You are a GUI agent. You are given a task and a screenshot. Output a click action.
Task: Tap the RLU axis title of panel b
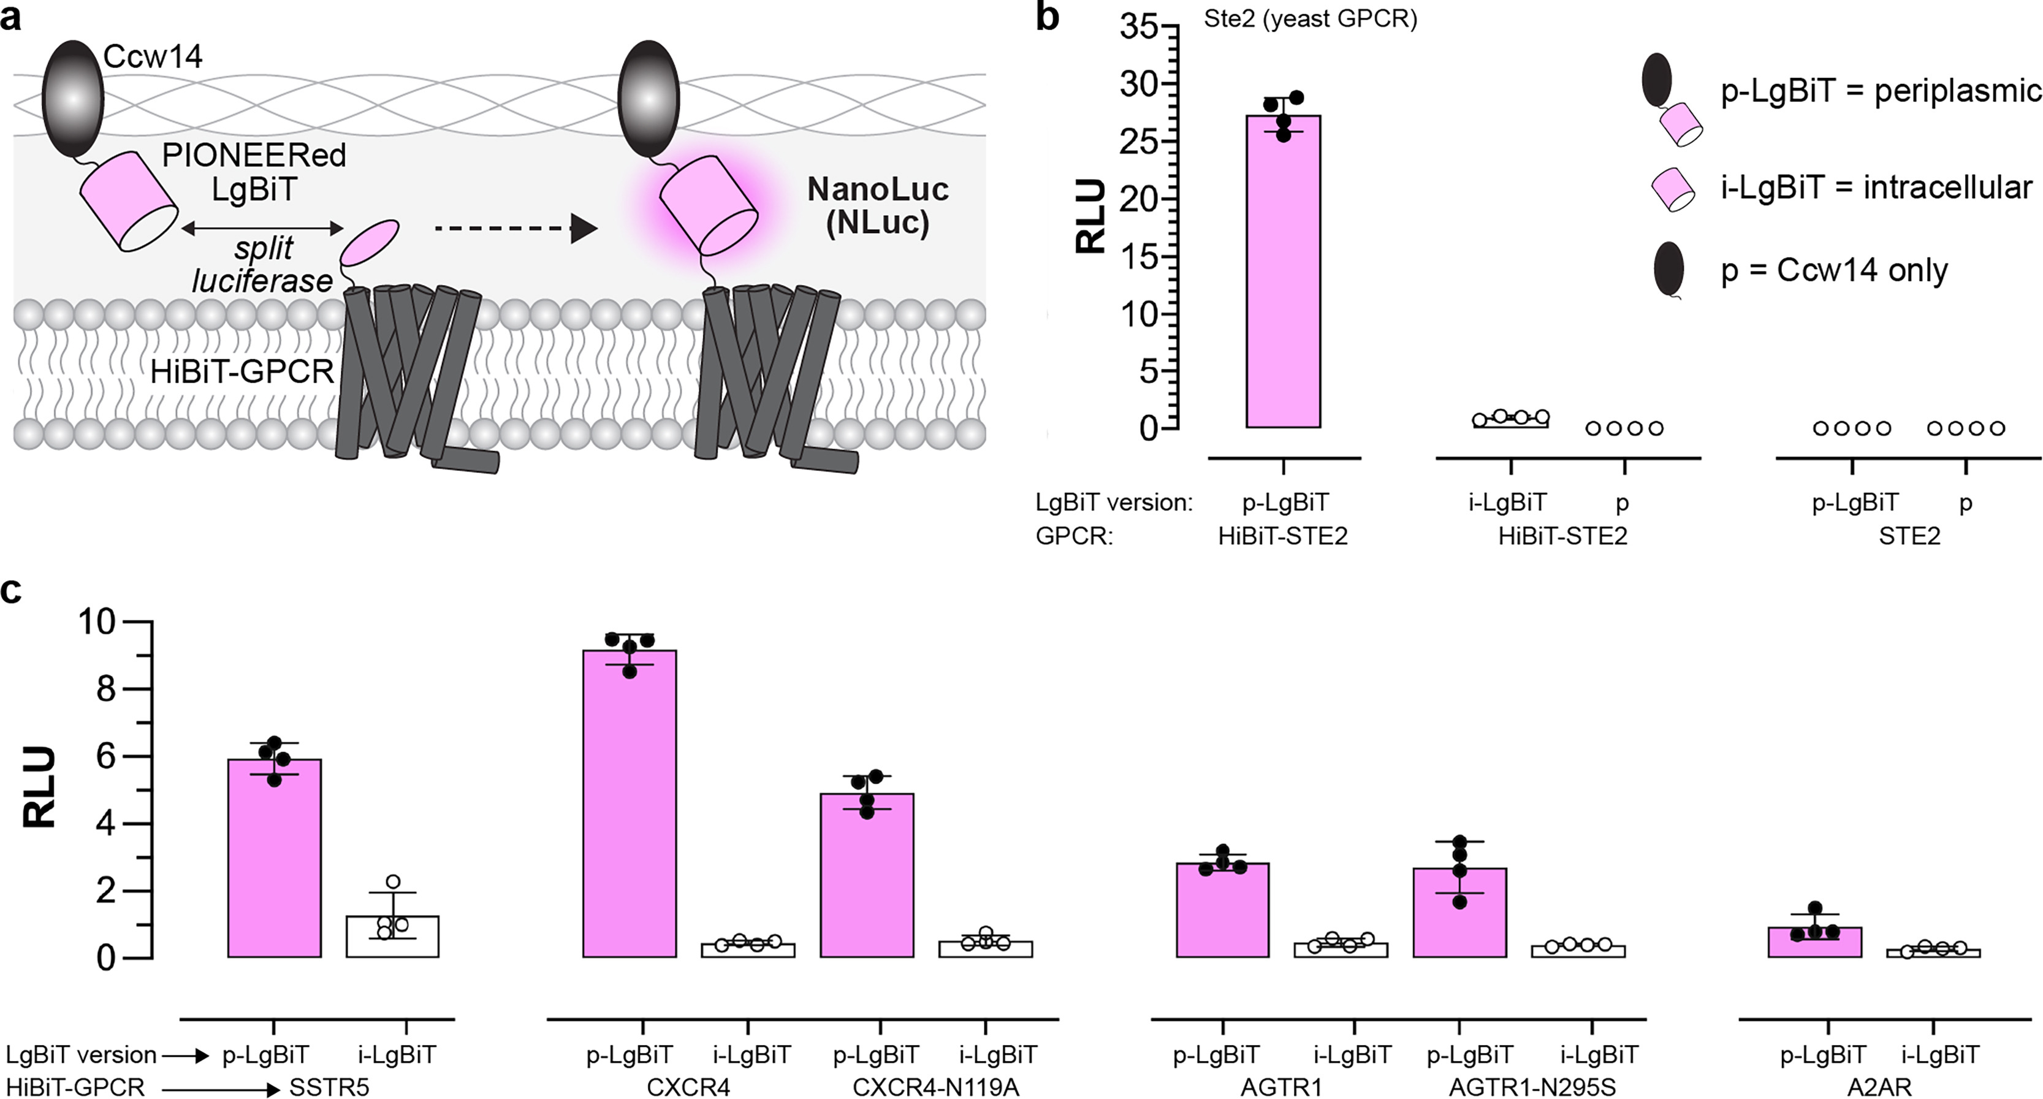(1092, 216)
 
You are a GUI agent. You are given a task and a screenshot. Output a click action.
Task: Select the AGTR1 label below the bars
(1281, 1086)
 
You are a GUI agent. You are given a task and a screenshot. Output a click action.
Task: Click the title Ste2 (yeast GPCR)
(1310, 19)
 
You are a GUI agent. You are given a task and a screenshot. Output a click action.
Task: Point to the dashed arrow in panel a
(516, 229)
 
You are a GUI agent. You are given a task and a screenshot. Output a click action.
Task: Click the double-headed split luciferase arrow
(262, 229)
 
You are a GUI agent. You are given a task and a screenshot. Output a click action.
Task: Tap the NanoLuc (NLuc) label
(877, 205)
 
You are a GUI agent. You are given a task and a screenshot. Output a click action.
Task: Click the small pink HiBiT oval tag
(370, 243)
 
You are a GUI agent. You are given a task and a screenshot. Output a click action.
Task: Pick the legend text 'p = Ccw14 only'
(1833, 270)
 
